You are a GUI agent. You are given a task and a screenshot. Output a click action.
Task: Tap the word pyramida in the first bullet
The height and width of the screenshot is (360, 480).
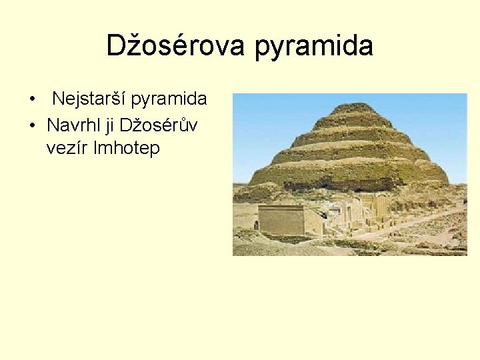pyautogui.click(x=169, y=100)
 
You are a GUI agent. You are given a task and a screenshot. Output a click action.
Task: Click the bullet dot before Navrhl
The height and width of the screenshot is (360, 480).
pyautogui.click(x=32, y=125)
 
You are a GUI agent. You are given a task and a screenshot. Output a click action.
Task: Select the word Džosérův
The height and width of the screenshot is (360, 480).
pyautogui.click(x=163, y=124)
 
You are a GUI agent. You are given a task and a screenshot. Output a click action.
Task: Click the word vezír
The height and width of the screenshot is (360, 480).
pyautogui.click(x=68, y=148)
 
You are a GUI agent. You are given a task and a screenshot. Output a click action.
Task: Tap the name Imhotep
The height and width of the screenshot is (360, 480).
pyautogui.click(x=127, y=148)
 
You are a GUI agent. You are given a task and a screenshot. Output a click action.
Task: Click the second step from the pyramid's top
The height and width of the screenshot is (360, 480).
pyautogui.click(x=353, y=121)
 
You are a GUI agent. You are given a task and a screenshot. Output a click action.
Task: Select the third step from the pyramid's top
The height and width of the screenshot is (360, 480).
pyautogui.click(x=352, y=136)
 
